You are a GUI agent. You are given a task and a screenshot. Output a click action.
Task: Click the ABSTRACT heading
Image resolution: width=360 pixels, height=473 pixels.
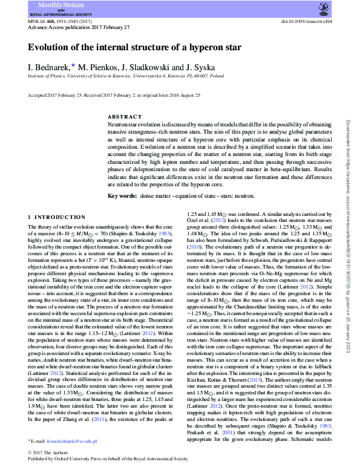pyautogui.click(x=125, y=116)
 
